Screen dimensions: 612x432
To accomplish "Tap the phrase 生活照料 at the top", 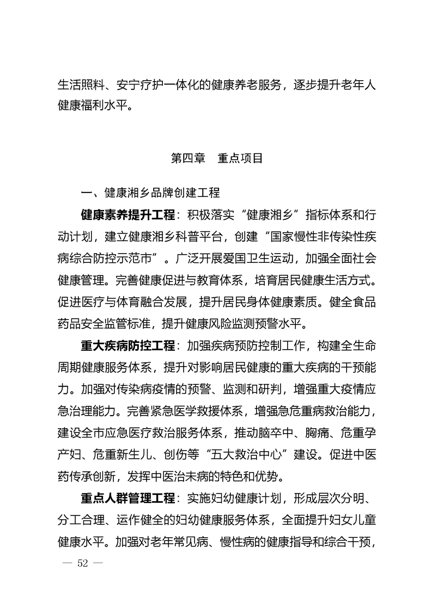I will pos(80,85).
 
